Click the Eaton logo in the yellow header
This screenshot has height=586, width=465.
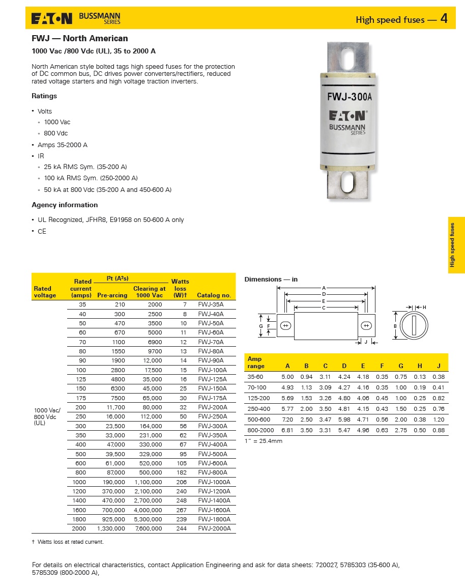pyautogui.click(x=52, y=19)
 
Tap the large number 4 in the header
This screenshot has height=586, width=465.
pyautogui.click(x=444, y=19)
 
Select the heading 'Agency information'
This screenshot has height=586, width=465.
pyautogui.click(x=65, y=205)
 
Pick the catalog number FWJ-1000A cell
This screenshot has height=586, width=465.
pyautogui.click(x=214, y=482)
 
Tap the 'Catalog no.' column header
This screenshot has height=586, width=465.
pyautogui.click(x=214, y=295)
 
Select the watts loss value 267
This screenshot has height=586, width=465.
pyautogui.click(x=181, y=510)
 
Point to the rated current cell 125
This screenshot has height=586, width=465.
pyautogui.click(x=82, y=379)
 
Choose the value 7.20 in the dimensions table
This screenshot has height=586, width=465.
pyautogui.click(x=287, y=419)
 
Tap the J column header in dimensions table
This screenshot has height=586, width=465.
pyautogui.click(x=439, y=366)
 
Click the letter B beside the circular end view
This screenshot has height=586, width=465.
pyautogui.click(x=395, y=326)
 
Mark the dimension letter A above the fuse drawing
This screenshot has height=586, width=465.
pyautogui.click(x=324, y=288)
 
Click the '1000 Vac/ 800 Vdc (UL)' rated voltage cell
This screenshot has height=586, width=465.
pyautogui.click(x=47, y=416)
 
